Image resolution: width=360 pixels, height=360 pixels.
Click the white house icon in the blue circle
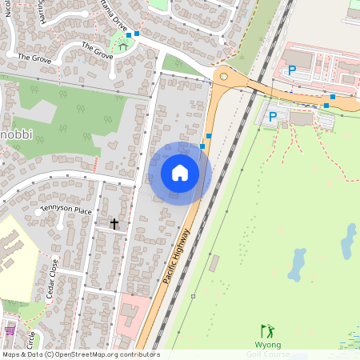tap(180, 172)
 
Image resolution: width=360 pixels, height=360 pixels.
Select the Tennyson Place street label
tap(66, 210)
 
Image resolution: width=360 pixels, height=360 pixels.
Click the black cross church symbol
tap(114, 224)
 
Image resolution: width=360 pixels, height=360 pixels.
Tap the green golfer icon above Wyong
tap(267, 330)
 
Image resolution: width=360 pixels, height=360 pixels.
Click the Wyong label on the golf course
tap(268, 344)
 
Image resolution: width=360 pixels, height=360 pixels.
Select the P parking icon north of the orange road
tap(292, 70)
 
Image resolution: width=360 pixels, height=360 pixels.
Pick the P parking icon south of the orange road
tap(273, 117)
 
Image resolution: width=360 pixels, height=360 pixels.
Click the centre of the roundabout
tap(223, 78)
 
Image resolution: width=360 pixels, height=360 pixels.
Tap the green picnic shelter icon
tap(123, 46)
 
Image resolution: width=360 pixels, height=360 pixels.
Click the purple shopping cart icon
tap(9, 330)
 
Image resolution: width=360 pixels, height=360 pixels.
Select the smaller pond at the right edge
tap(349, 239)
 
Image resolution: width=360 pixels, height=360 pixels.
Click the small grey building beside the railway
tap(214, 263)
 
